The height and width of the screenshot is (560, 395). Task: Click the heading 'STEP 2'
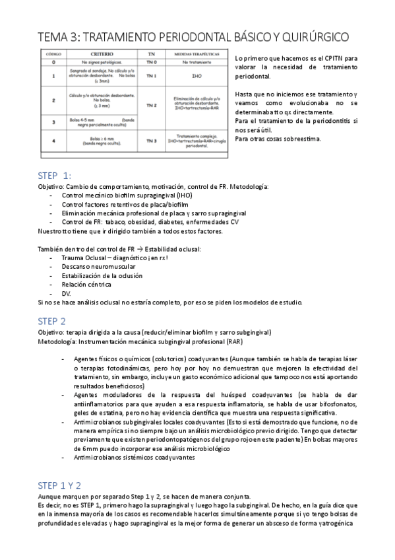tap(52, 321)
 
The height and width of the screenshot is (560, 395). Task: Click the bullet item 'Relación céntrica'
tap(86, 285)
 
